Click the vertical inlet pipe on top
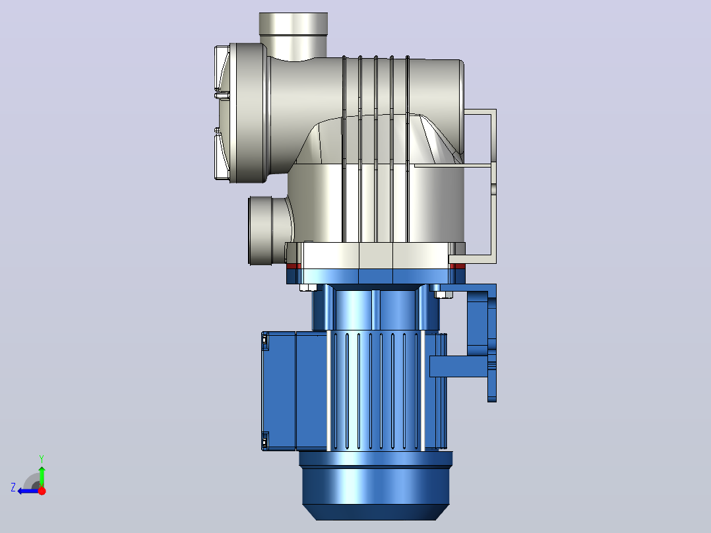294,36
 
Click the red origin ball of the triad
42,491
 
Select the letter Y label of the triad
42,458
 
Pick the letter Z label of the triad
13,487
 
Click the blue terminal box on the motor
279,391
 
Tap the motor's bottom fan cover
375,486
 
